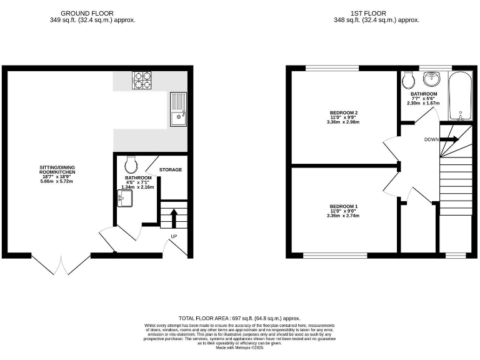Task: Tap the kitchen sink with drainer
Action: pyautogui.click(x=177, y=109)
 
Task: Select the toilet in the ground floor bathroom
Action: pyautogui.click(x=131, y=164)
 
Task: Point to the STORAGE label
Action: pyautogui.click(x=170, y=170)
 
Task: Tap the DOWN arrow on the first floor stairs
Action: pyautogui.click(x=450, y=139)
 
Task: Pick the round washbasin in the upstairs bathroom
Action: pyautogui.click(x=432, y=79)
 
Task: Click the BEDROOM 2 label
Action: pyautogui.click(x=343, y=112)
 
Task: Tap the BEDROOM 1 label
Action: pyautogui.click(x=343, y=206)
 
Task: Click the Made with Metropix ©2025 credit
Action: pyautogui.click(x=240, y=347)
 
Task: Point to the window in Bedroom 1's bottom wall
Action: pyautogui.click(x=335, y=255)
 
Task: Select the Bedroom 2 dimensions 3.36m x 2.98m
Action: pyautogui.click(x=343, y=122)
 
